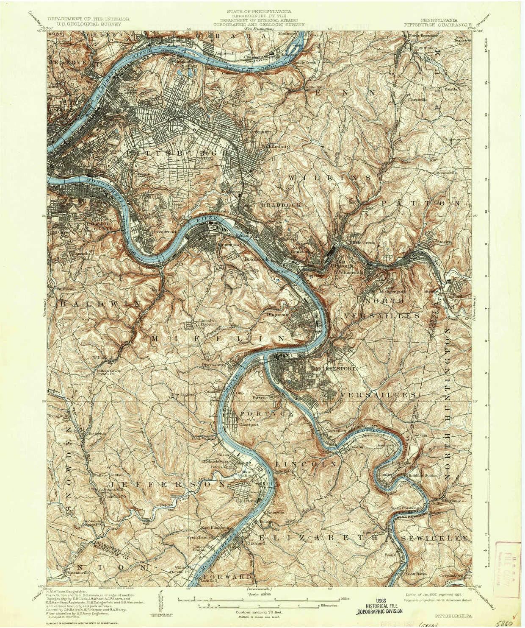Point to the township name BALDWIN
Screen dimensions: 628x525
coord(95,304)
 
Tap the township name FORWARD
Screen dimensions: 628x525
coord(228,577)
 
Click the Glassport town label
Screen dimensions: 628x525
coord(249,424)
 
